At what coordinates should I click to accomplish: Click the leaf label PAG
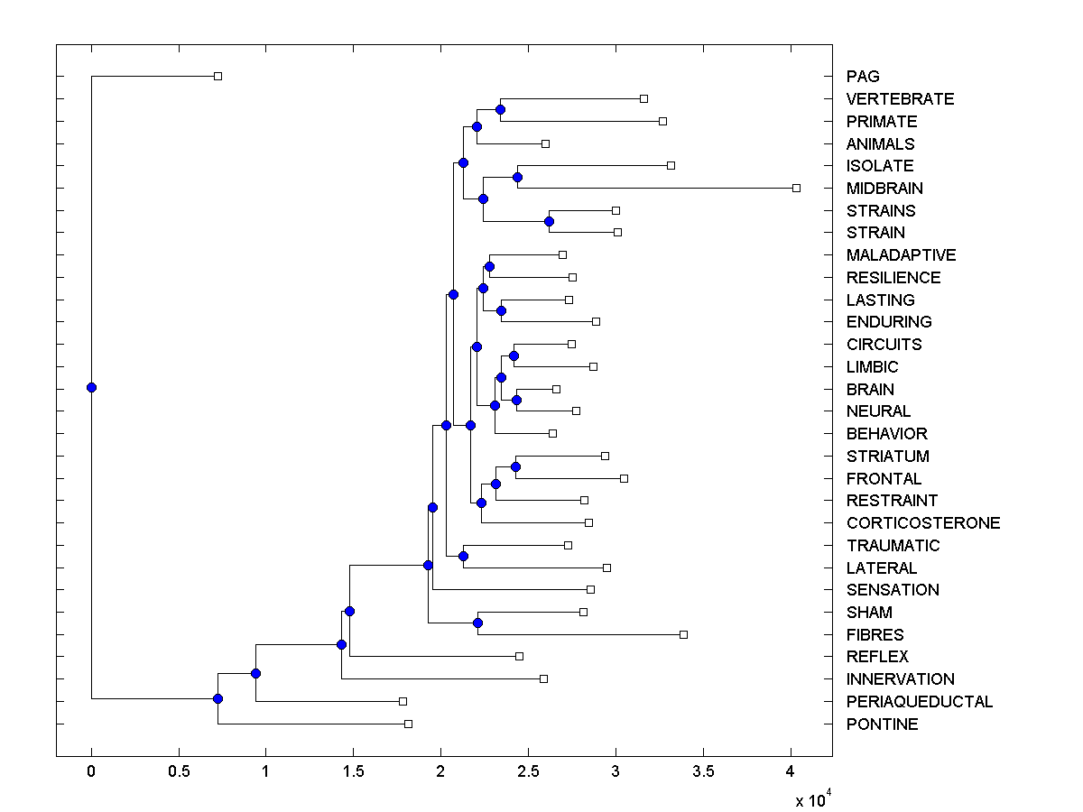pyautogui.click(x=862, y=77)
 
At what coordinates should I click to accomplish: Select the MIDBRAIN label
pyautogui.click(x=884, y=189)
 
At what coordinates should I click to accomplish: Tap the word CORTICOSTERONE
pyautogui.click(x=922, y=523)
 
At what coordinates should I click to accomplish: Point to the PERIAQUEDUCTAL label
pyautogui.click(x=919, y=702)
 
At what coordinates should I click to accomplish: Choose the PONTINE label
pyautogui.click(x=882, y=724)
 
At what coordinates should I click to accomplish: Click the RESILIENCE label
pyautogui.click(x=893, y=278)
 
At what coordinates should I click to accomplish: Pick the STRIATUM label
pyautogui.click(x=887, y=457)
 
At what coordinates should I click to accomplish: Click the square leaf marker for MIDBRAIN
pyautogui.click(x=796, y=188)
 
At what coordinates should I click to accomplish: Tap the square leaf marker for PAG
pyautogui.click(x=218, y=77)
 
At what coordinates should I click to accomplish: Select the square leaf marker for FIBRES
pyautogui.click(x=683, y=634)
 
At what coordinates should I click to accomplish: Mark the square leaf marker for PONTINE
pyautogui.click(x=408, y=724)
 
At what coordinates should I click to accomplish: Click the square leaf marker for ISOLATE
pyautogui.click(x=671, y=165)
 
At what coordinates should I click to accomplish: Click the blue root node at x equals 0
pyautogui.click(x=91, y=388)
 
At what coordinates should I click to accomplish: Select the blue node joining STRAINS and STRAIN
pyautogui.click(x=549, y=221)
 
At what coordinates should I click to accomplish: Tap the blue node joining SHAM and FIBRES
pyautogui.click(x=477, y=623)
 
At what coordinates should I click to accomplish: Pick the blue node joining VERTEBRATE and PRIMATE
pyautogui.click(x=500, y=109)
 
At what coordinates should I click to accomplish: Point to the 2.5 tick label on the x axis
pyautogui.click(x=528, y=771)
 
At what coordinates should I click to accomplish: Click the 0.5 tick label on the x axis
pyautogui.click(x=179, y=771)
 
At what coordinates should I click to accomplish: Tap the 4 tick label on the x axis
pyautogui.click(x=791, y=771)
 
